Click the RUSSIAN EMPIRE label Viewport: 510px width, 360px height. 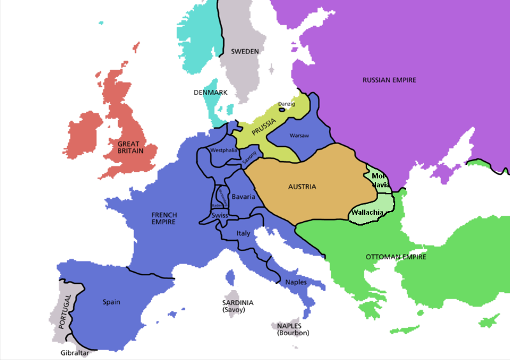[x=389, y=80]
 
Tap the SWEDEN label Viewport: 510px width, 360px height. [x=245, y=52]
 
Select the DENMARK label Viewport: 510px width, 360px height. [x=210, y=92]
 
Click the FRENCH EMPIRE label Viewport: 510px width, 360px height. [x=164, y=219]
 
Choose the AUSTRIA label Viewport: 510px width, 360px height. [x=302, y=187]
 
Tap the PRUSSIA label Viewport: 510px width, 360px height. [x=264, y=124]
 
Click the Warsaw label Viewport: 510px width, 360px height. [x=299, y=136]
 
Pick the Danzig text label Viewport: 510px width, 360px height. [x=287, y=104]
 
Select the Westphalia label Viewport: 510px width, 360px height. [x=223, y=150]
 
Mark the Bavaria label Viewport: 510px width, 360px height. [x=244, y=196]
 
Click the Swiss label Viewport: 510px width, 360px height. [x=220, y=216]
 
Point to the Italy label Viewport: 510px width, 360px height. [x=244, y=233]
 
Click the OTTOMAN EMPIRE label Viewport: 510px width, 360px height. [x=396, y=257]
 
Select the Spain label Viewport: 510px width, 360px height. [x=111, y=302]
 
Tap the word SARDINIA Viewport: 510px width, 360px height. [x=238, y=303]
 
